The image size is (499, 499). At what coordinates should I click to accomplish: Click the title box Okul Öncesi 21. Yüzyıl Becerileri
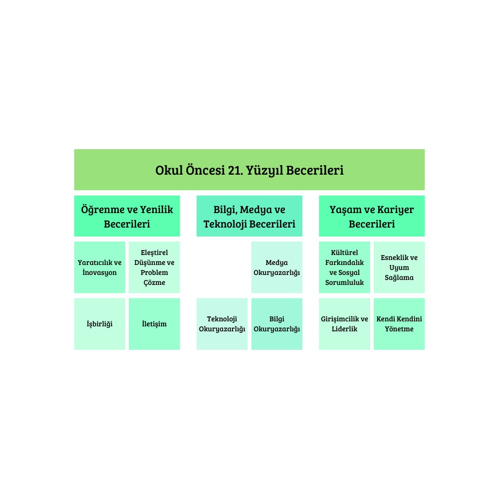click(x=249, y=170)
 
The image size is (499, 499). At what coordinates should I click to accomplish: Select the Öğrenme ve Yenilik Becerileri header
click(x=127, y=216)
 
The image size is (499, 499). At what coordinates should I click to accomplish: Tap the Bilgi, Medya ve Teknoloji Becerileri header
click(x=249, y=216)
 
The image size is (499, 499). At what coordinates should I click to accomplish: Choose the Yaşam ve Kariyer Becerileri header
click(x=372, y=216)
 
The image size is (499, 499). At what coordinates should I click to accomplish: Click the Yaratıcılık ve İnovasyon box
click(x=100, y=267)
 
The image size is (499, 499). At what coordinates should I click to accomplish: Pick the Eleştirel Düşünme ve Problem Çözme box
click(x=154, y=267)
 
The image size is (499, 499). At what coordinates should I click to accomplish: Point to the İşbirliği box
click(x=100, y=324)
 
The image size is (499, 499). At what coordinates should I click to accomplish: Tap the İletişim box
click(x=154, y=324)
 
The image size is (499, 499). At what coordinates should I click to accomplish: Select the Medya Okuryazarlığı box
click(x=277, y=267)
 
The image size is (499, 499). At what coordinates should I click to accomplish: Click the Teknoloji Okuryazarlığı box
click(x=222, y=324)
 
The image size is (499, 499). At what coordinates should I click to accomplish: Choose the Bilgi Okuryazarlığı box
click(x=277, y=324)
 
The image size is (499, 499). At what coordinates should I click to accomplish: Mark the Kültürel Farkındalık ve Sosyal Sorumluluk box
click(x=344, y=267)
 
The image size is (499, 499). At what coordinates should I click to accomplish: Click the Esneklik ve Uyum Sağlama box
click(x=399, y=267)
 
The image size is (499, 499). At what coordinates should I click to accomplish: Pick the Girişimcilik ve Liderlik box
click(x=344, y=324)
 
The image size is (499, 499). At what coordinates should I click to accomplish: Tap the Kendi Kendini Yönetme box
click(x=399, y=324)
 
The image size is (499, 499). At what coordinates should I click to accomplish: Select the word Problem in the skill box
click(x=154, y=273)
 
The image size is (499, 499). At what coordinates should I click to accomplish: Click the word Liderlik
click(x=344, y=329)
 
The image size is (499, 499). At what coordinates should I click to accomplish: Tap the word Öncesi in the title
click(x=205, y=170)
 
